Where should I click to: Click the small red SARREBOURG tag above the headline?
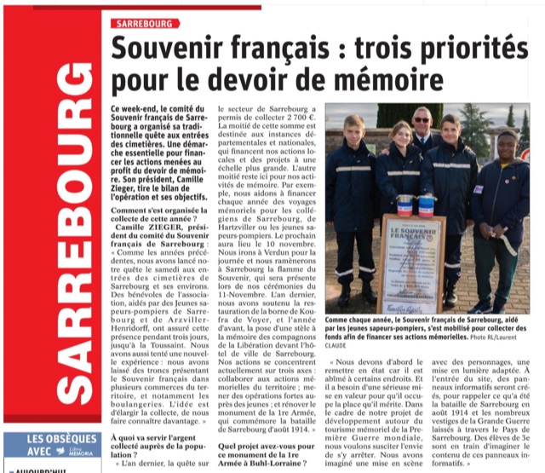pos(143,22)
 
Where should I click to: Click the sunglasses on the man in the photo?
pos(421,118)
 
